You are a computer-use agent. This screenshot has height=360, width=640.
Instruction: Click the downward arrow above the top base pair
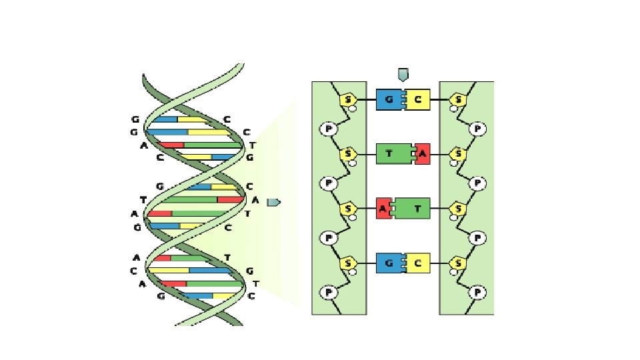pyautogui.click(x=403, y=74)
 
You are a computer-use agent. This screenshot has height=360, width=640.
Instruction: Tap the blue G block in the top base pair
pyautogui.click(x=389, y=100)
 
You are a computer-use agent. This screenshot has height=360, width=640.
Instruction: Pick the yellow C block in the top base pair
pyautogui.click(x=418, y=100)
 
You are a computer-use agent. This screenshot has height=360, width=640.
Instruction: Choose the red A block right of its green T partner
pyautogui.click(x=423, y=154)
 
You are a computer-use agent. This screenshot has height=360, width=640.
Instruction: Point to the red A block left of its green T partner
pyautogui.click(x=383, y=209)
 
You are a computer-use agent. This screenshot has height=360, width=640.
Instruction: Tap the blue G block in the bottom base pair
pyautogui.click(x=389, y=263)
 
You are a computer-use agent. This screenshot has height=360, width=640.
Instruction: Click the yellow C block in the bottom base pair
pyautogui.click(x=418, y=263)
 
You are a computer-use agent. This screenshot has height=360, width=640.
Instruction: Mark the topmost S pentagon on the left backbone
pyautogui.click(x=348, y=100)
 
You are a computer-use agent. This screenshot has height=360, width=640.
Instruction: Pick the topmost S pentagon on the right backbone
pyautogui.click(x=457, y=100)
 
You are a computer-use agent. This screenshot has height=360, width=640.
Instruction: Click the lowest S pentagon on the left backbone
pyautogui.click(x=348, y=263)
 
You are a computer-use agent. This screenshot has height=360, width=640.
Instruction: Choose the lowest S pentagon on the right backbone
pyautogui.click(x=457, y=263)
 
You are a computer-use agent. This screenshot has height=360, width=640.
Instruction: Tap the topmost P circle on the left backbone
pyautogui.click(x=328, y=128)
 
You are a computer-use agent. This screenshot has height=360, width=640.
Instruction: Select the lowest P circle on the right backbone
pyautogui.click(x=477, y=292)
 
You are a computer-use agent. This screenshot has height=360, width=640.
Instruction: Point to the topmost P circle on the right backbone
pyautogui.click(x=477, y=128)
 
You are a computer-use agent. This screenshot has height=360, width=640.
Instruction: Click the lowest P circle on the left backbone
pyautogui.click(x=328, y=292)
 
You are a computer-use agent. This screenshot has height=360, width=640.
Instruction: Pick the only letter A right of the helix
pyautogui.click(x=255, y=199)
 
